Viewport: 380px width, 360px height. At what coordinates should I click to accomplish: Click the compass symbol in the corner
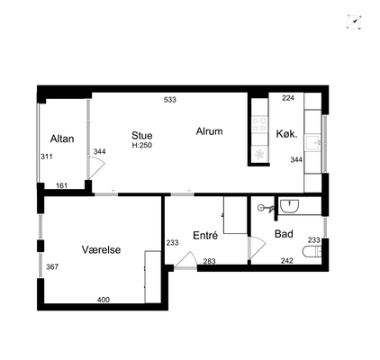pyautogui.click(x=354, y=22)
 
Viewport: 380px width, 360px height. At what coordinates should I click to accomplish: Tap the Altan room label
pyautogui.click(x=62, y=139)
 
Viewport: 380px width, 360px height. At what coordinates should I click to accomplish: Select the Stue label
pyautogui.click(x=142, y=136)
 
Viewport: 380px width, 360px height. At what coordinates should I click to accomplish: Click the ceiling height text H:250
pyautogui.click(x=142, y=146)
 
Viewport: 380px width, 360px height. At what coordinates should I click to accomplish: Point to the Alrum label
pyautogui.click(x=209, y=131)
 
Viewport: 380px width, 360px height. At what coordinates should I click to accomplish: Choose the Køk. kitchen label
pyautogui.click(x=287, y=134)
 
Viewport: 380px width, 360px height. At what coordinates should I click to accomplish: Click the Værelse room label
pyautogui.click(x=101, y=249)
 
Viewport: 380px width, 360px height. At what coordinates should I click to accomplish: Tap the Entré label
pyautogui.click(x=205, y=236)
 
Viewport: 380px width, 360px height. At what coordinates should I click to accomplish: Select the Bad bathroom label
pyautogui.click(x=284, y=234)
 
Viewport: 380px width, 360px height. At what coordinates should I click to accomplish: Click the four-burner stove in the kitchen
pyautogui.click(x=259, y=124)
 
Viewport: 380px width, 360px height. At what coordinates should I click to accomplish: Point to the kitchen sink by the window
pyautogui.click(x=313, y=143)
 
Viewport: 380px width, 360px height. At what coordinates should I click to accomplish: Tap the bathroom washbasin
pyautogui.click(x=289, y=206)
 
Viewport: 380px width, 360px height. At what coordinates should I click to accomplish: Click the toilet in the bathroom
pyautogui.click(x=312, y=252)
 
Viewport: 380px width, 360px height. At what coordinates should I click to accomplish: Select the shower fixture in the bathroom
pyautogui.click(x=267, y=208)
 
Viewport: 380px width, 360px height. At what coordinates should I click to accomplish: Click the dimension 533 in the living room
pyautogui.click(x=170, y=100)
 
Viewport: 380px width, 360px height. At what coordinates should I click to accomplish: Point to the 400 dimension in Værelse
pyautogui.click(x=104, y=300)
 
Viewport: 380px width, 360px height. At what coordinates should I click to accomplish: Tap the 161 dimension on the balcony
pyautogui.click(x=62, y=185)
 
